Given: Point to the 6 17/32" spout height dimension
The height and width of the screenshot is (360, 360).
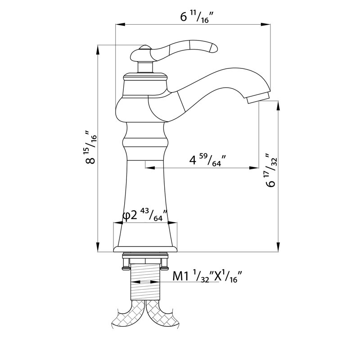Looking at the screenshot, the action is (x=271, y=170).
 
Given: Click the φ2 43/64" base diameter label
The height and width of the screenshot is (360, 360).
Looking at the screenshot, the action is (x=145, y=215).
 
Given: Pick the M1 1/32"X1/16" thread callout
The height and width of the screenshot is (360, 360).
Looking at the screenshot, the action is (x=207, y=276).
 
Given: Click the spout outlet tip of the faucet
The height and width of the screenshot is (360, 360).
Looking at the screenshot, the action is (x=258, y=98).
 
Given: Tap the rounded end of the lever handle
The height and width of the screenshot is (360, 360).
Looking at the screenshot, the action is (x=212, y=48).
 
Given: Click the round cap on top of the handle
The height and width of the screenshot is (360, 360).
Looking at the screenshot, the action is (x=144, y=47).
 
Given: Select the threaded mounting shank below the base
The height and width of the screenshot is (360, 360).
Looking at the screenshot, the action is (x=145, y=282).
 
